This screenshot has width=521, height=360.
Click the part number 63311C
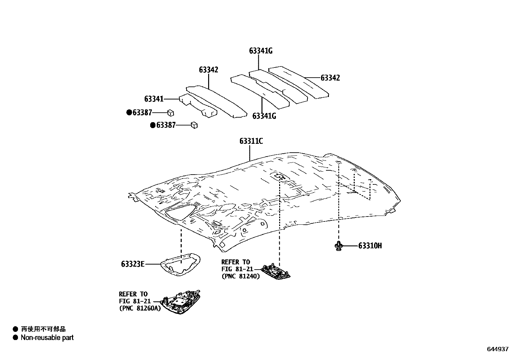tap(251, 142)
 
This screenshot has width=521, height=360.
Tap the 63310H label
tap(370, 246)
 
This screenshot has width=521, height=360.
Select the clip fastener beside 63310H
tap(338, 246)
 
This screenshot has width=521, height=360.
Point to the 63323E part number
tap(133, 264)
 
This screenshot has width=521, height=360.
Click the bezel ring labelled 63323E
tap(181, 263)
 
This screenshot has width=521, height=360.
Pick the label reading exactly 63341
tap(153, 99)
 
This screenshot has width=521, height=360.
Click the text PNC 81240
tap(241, 276)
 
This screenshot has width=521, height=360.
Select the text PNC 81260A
tap(140, 308)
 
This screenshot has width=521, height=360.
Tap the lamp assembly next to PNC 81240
tap(276, 272)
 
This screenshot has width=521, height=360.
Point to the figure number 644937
tap(497, 349)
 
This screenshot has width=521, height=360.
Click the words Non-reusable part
tap(47, 338)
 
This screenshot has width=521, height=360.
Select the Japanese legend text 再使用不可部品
tap(43, 329)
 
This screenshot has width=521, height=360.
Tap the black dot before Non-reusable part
tap(15, 338)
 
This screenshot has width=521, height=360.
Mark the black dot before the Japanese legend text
tap(15, 329)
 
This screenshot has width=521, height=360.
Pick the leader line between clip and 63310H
tap(350, 246)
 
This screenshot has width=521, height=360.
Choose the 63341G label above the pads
tap(260, 51)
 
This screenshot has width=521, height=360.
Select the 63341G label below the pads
tap(264, 116)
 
